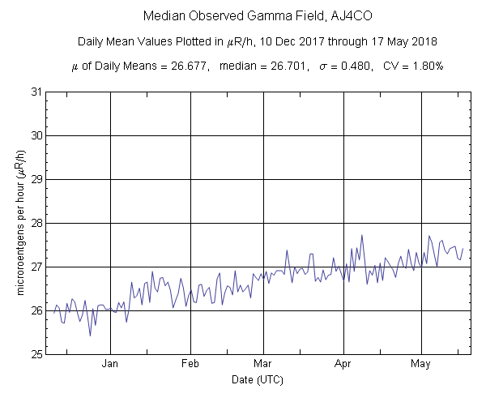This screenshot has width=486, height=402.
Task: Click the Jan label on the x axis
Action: [111, 364]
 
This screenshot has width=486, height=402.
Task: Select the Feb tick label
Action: [190, 364]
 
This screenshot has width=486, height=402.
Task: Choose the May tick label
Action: [420, 364]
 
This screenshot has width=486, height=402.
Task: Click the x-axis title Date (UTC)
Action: [257, 379]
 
